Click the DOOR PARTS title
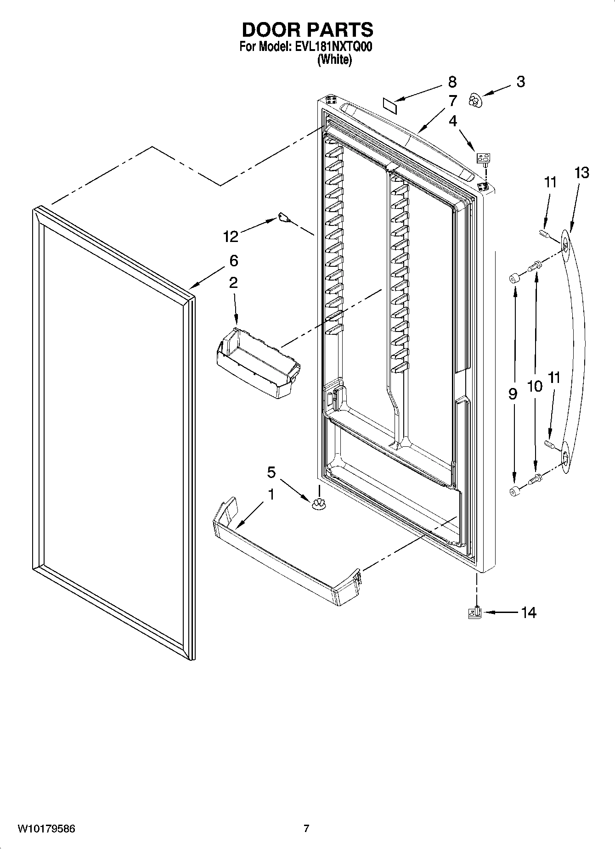(307, 30)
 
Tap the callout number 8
(452, 82)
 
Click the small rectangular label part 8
(389, 104)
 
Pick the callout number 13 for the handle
(581, 173)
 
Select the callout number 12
(231, 236)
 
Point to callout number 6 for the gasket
(233, 261)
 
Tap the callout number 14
(529, 613)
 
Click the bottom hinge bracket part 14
(475, 613)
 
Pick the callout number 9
(513, 394)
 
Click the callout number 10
(535, 387)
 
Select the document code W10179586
(46, 829)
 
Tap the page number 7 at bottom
(306, 829)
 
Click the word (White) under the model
(334, 60)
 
